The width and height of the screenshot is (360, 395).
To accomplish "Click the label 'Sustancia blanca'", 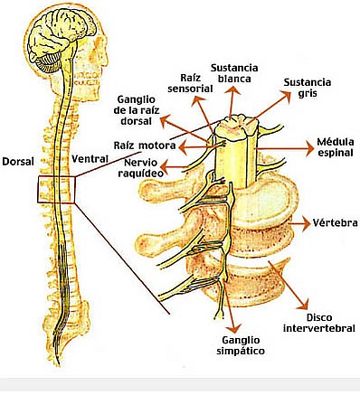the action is (234, 73).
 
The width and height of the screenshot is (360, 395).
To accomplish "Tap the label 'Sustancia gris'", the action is (308, 88).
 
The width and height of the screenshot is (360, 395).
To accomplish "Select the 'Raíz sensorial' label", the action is (190, 83).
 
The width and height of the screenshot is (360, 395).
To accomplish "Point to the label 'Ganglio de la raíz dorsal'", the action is (137, 110).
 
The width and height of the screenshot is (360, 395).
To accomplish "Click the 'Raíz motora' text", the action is (145, 146).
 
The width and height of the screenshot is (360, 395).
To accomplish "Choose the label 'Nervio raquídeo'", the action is (141, 168).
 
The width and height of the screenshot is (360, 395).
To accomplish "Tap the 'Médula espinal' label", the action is (335, 146).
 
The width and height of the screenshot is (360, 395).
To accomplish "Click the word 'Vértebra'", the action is (335, 222).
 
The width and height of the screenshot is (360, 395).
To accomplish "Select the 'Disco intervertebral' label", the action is (319, 323).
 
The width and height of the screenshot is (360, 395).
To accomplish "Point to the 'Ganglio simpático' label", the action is (241, 345).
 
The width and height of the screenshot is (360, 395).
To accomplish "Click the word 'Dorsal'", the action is (18, 162).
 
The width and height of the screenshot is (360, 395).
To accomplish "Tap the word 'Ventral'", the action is (90, 158).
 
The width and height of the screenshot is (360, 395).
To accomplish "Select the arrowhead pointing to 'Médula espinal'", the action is (309, 148).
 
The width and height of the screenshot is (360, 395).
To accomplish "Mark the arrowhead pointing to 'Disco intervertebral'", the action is (302, 304).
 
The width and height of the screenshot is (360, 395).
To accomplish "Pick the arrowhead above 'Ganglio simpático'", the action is (234, 327).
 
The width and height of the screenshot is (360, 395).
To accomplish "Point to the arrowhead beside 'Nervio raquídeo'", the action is (166, 165).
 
